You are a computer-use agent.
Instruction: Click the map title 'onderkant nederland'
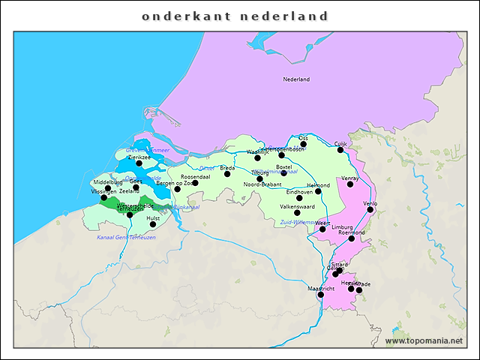(x=235, y=16)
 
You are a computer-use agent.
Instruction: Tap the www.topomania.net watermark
(x=424, y=341)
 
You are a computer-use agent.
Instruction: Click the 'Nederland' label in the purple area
(x=296, y=79)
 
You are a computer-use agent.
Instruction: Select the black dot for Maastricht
(x=321, y=295)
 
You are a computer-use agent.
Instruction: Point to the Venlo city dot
(x=370, y=210)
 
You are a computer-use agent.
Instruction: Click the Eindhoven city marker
(x=299, y=198)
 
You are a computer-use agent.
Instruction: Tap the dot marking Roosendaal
(x=195, y=183)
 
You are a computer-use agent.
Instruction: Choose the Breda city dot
(x=227, y=174)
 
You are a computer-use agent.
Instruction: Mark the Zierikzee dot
(x=139, y=163)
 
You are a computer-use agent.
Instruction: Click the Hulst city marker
(x=153, y=224)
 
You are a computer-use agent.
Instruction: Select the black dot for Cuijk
(x=340, y=149)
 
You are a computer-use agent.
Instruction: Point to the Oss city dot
(x=303, y=144)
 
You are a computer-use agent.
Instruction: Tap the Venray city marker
(x=350, y=184)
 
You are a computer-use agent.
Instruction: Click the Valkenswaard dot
(x=297, y=212)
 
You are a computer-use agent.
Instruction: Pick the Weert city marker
(x=322, y=229)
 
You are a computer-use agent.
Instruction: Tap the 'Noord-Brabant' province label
(x=262, y=184)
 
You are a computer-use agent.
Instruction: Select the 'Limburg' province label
(x=342, y=226)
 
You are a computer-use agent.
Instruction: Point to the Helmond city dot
(x=318, y=191)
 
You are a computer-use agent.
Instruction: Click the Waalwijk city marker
(x=257, y=157)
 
